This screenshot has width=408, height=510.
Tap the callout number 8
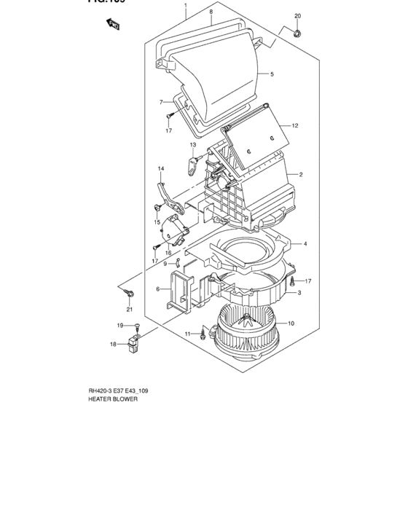click(x=211, y=12)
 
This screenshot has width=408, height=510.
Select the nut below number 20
click(x=297, y=34)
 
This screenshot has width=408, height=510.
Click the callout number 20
click(x=297, y=16)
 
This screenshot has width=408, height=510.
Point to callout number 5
click(x=272, y=74)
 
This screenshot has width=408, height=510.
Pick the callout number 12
click(x=296, y=125)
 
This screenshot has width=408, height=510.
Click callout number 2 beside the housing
click(x=300, y=174)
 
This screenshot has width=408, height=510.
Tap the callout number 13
click(x=194, y=146)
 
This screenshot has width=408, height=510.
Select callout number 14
click(x=161, y=170)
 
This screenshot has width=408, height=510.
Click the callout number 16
click(x=169, y=253)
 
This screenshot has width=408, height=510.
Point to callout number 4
click(x=305, y=243)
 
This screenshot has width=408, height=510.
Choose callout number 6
click(x=157, y=289)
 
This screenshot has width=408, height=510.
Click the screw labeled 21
click(x=129, y=293)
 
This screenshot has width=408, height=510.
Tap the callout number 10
click(x=291, y=323)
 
